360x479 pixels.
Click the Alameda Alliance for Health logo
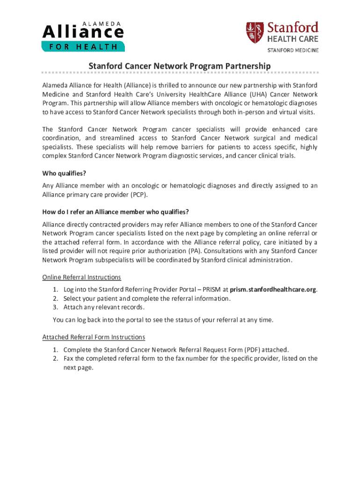coord(83,36)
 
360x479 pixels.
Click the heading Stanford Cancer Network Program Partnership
coord(180,66)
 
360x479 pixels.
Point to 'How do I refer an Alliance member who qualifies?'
coord(115,211)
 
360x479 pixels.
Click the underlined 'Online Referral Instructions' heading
coord(82,277)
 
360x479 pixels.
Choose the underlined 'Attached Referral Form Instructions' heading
coord(94,337)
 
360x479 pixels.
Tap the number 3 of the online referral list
coord(55,307)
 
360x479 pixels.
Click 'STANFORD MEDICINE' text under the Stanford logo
coord(293,50)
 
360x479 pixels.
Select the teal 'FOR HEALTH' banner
coord(83,46)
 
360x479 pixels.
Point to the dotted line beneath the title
coord(180,73)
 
